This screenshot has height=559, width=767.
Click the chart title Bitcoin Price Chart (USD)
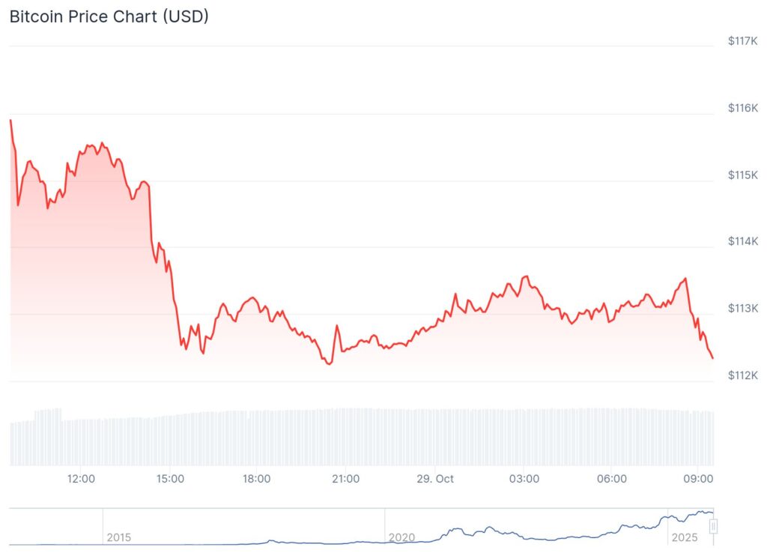click(109, 16)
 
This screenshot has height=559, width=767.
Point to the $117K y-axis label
click(742, 41)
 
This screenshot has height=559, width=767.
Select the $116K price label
click(742, 108)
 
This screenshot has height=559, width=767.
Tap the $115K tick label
click(742, 175)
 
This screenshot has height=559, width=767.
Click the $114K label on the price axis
click(742, 241)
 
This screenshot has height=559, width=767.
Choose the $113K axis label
click(742, 308)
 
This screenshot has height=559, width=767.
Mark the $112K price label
click(742, 375)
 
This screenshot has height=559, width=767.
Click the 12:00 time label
click(80, 478)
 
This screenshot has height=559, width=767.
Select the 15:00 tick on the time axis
click(169, 478)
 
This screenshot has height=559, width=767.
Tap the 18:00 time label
click(257, 478)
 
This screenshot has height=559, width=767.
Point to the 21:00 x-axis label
click(345, 478)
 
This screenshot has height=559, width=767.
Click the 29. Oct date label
click(434, 478)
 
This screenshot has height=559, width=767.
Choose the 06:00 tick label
click(611, 478)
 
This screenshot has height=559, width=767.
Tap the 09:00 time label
click(698, 478)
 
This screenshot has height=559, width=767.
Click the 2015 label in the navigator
click(118, 537)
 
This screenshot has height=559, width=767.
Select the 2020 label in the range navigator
click(401, 537)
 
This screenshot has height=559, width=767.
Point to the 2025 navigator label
click(684, 537)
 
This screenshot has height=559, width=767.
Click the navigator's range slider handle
click(713, 527)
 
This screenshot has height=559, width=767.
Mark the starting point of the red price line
click(10, 120)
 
